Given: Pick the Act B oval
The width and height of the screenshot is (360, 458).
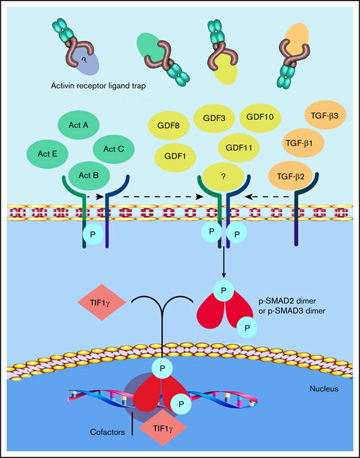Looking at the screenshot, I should (89, 174).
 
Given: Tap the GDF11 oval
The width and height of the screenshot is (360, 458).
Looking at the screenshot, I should (238, 147).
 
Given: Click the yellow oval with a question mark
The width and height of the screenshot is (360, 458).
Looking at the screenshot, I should (224, 177).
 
